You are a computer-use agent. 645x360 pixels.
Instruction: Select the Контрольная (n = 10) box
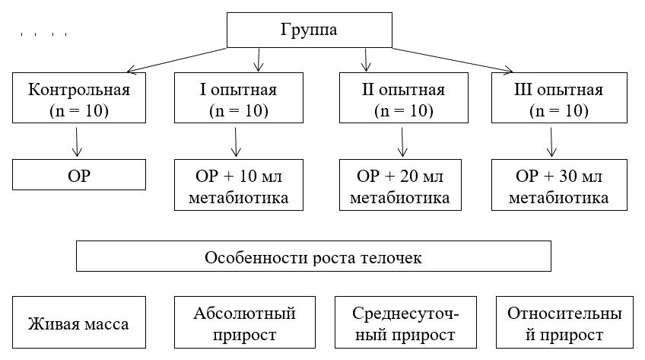tap(79, 99)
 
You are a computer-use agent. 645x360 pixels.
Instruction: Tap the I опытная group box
tap(238, 99)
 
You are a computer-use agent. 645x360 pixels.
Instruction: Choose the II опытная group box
tap(403, 99)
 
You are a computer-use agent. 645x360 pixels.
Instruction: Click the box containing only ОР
tap(79, 176)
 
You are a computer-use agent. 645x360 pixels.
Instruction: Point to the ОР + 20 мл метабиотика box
tap(403, 186)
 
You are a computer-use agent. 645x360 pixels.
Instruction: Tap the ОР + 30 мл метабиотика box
tap(558, 186)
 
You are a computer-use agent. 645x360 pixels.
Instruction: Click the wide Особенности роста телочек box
tap(313, 256)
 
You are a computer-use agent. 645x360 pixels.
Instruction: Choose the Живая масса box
tap(79, 323)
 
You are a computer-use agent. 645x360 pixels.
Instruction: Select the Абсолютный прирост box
tap(244, 323)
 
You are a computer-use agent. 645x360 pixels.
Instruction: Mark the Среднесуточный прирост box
tap(404, 323)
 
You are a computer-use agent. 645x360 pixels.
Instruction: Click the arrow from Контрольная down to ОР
tap(77, 141)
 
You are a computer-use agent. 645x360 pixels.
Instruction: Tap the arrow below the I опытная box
tap(237, 141)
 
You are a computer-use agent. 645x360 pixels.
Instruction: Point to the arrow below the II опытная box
tap(403, 141)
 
